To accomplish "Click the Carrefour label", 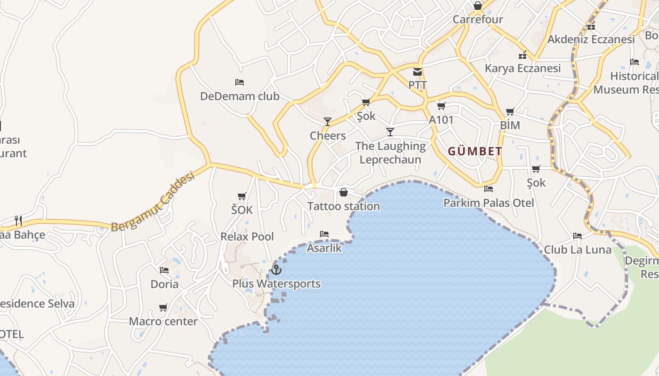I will coord(478,19).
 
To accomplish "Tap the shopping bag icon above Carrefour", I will coord(478,6).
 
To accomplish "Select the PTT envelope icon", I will coord(418,72).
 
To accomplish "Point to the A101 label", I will coord(441,120).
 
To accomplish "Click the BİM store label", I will coord(510,125).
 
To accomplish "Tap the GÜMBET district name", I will coord(475,151).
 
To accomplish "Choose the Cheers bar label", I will coord(328,136).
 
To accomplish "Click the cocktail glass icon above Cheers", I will coord(328,122).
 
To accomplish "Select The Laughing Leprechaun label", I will coord(390,153).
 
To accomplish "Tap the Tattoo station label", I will coord(344,206).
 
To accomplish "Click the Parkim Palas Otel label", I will coord(489,203).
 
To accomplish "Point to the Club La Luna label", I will coord(578,250).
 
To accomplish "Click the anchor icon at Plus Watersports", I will coord(276,270).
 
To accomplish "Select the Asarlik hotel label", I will coord(324,248).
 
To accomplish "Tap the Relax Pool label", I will coord(247,236).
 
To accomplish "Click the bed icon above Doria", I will coord(164,270).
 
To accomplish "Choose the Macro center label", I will coord(163,321).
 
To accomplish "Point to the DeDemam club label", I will coord(240,96).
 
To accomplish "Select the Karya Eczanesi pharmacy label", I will coord(522,68).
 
